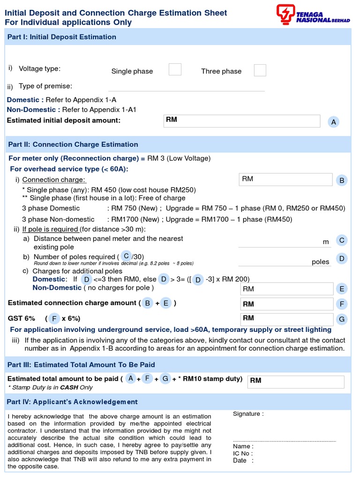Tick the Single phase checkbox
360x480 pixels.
(x=175, y=70)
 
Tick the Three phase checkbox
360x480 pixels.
(x=260, y=70)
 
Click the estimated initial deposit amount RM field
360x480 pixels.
(x=241, y=121)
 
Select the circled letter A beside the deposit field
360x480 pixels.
(x=333, y=122)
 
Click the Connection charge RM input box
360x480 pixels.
(x=285, y=180)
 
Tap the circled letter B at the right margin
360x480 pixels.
(x=342, y=180)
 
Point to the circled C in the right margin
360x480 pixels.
(x=342, y=240)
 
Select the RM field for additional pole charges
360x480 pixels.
(x=286, y=289)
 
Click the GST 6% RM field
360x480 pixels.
(x=286, y=319)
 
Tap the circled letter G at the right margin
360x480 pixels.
(x=342, y=319)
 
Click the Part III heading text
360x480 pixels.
(x=82, y=365)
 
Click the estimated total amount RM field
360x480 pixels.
(x=295, y=381)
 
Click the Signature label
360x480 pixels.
(x=248, y=414)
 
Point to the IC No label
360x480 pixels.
(x=243, y=453)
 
